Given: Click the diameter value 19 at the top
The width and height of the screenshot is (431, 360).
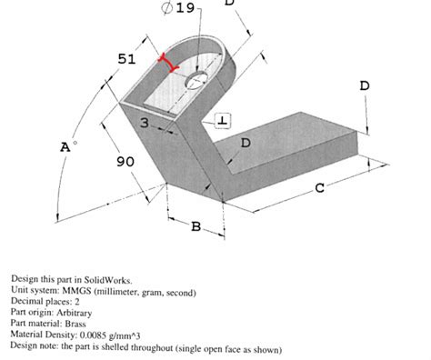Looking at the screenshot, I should [185, 8].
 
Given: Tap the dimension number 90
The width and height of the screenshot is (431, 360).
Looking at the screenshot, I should [125, 161].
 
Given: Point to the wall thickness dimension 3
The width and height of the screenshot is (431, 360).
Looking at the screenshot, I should [144, 122].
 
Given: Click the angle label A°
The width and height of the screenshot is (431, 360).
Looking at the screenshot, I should [65, 146].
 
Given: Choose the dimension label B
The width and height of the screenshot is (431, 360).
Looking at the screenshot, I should [195, 225].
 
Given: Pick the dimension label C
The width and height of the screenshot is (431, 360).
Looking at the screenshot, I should [319, 187].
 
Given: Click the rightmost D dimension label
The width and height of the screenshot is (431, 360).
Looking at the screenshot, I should [365, 85].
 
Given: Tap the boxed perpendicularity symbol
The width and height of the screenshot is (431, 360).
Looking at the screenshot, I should [223, 120].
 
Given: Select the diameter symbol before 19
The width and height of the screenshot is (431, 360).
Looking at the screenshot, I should [166, 8].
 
